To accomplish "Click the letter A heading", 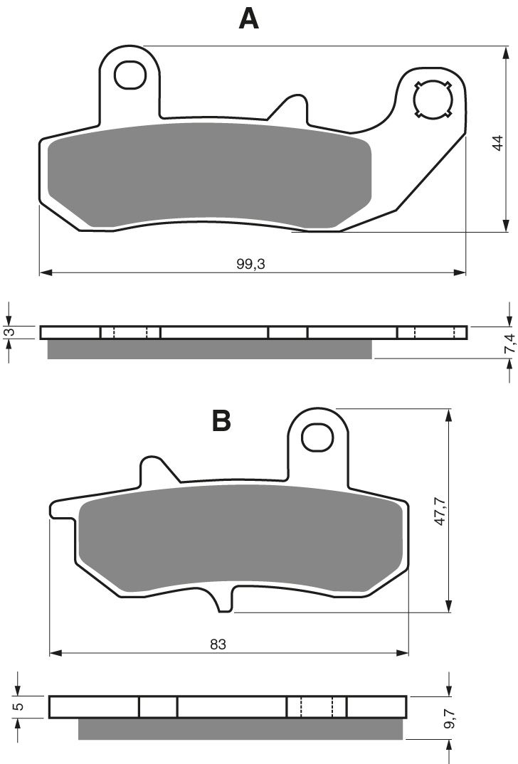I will click(248, 18).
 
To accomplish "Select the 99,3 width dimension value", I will click(249, 263).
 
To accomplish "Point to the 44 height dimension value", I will click(498, 142).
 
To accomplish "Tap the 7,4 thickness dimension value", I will click(509, 344).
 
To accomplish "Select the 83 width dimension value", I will click(218, 644).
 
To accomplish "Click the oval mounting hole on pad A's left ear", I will click(129, 75).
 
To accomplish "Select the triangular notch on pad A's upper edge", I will click(290, 107).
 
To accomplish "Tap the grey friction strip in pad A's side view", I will click(209, 349).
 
